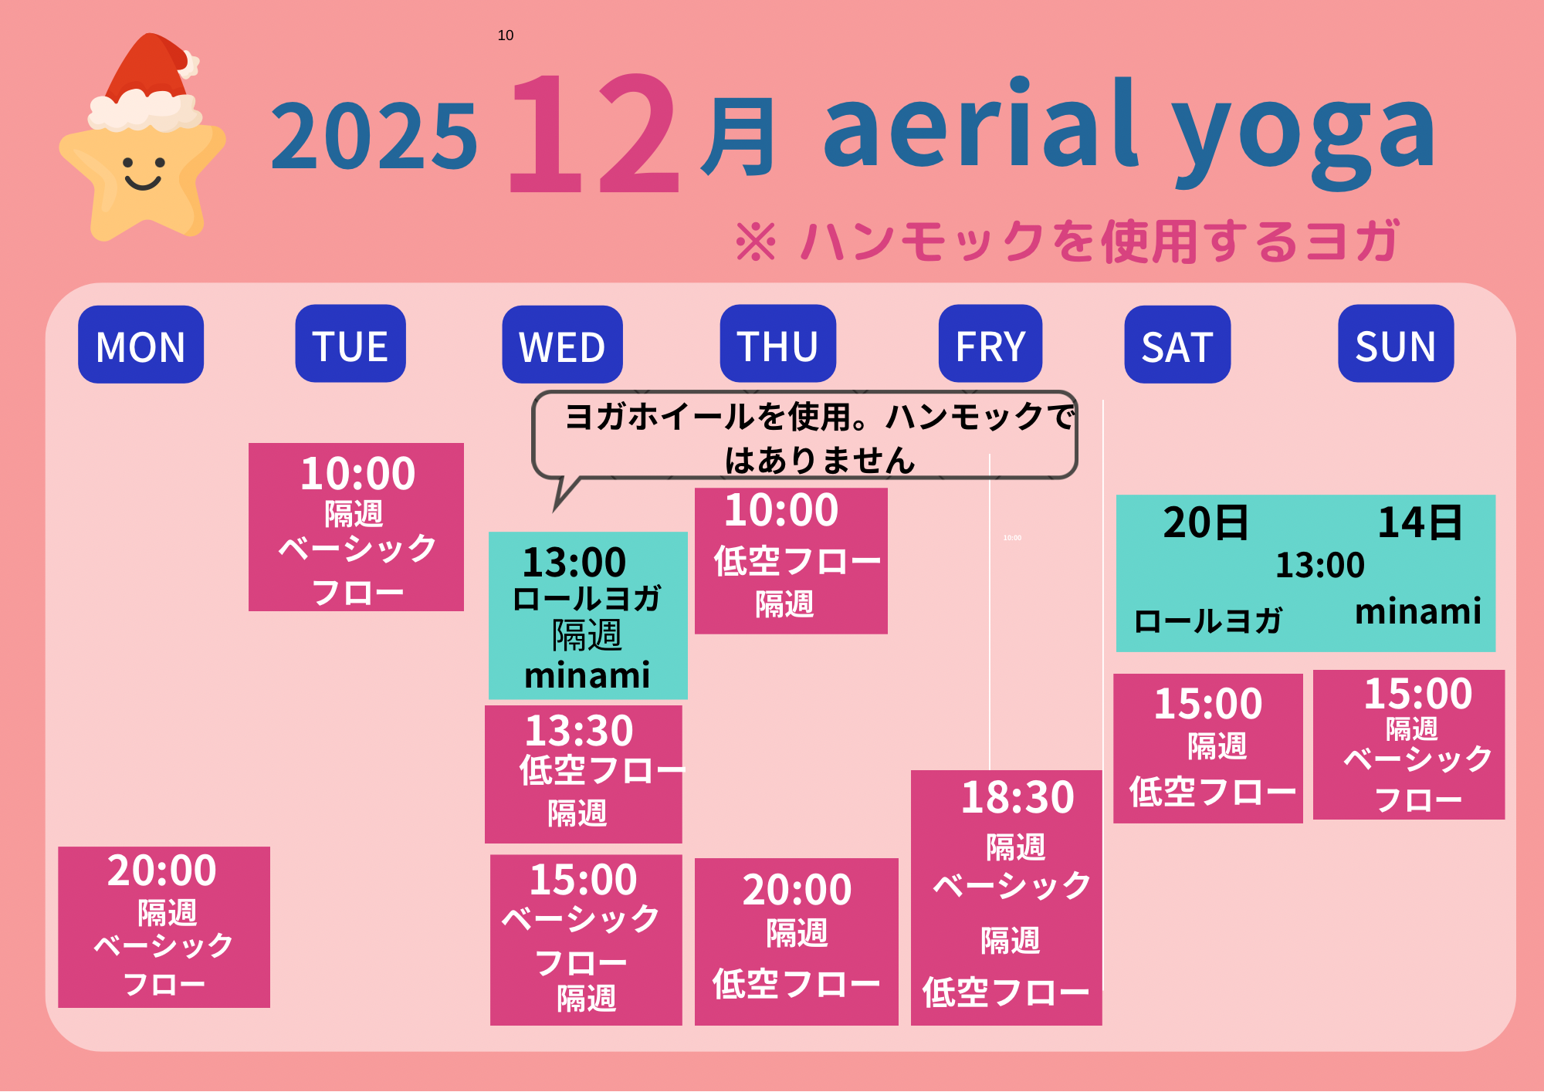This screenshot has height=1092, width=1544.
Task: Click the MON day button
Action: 141,344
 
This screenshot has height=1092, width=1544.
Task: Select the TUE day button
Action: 350,343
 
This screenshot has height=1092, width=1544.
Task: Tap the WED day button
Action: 562,344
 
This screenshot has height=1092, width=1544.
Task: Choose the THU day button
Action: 778,343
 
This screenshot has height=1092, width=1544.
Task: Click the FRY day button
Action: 990,343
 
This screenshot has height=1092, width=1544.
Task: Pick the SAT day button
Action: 1177,344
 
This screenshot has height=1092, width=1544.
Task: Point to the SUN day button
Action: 1396,343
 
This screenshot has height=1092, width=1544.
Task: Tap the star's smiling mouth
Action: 143,183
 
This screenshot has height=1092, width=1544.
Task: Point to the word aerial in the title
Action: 980,123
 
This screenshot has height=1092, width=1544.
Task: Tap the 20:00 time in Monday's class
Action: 162,871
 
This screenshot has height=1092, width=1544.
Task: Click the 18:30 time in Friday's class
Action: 1017,797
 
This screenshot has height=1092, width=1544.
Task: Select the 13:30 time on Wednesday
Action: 579,730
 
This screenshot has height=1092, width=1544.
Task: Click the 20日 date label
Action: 1206,522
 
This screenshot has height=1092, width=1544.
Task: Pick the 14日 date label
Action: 1420,522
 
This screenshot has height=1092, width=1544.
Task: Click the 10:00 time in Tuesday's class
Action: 358,473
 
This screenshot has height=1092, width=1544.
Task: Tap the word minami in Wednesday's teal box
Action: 587,675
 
